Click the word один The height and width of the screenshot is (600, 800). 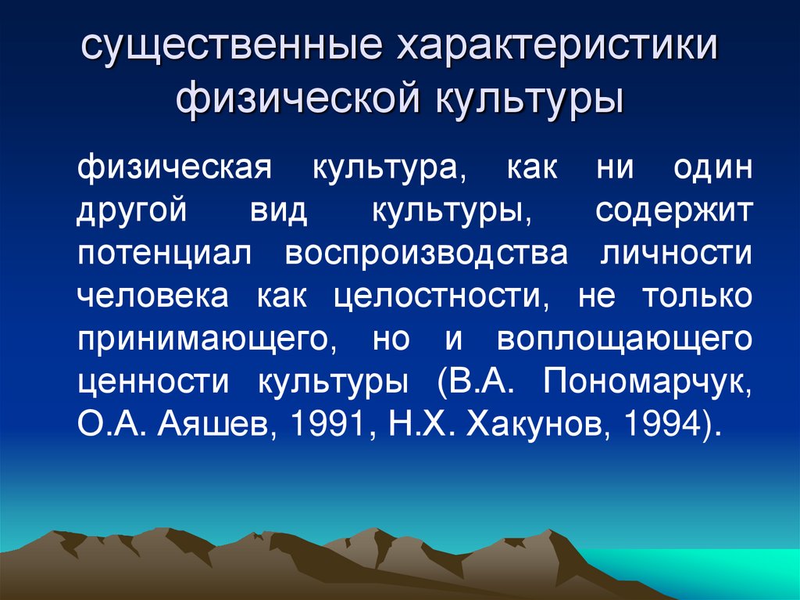[x=711, y=169]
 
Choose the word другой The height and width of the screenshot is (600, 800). [x=132, y=213]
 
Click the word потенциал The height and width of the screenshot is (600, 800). [x=165, y=255]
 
